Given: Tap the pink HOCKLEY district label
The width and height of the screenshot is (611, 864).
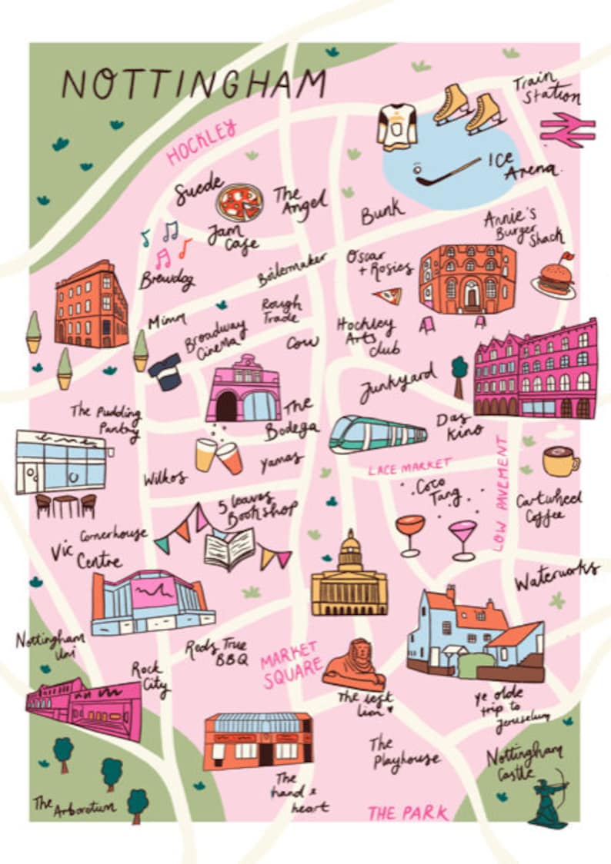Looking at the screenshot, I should (201, 141).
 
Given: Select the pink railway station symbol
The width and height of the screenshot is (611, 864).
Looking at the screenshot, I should (568, 130).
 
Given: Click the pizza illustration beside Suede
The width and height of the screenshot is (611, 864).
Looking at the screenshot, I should (239, 203).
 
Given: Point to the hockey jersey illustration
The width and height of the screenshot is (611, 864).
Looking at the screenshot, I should (397, 126).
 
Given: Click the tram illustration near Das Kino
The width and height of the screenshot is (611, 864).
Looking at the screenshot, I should (377, 435).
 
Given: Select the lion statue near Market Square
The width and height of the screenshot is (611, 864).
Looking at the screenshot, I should (354, 665).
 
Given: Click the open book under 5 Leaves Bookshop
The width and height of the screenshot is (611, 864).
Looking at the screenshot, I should (229, 549).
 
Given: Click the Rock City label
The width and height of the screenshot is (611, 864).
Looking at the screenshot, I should (149, 676).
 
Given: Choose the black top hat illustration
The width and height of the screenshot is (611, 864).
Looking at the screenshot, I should (165, 371).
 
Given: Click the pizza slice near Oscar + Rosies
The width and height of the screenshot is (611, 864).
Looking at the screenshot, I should (386, 296).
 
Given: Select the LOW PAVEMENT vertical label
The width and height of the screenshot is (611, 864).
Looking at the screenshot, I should (502, 493).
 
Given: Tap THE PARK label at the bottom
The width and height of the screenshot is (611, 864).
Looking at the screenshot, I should (408, 812).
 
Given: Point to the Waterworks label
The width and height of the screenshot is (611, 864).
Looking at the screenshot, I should (556, 573).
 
